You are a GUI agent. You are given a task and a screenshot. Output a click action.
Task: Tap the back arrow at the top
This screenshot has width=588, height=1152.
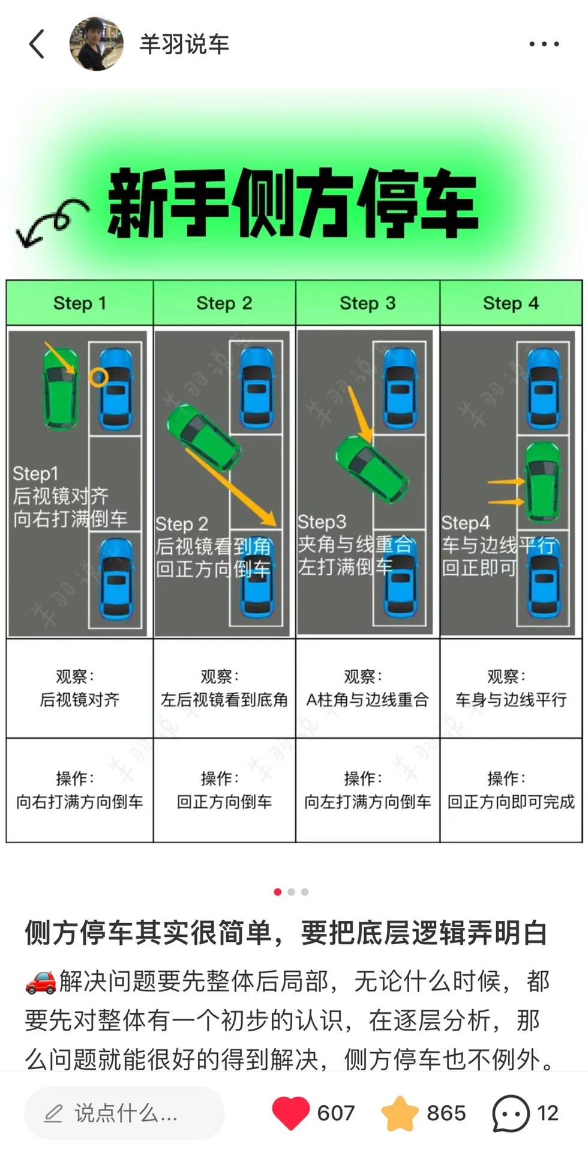pyautogui.click(x=37, y=44)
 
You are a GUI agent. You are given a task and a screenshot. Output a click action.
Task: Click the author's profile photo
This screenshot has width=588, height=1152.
pyautogui.click(x=96, y=44)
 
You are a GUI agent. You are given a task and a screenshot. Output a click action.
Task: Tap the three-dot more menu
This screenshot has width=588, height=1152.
pyautogui.click(x=544, y=44)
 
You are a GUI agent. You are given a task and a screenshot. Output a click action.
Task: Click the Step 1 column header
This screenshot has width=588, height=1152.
pyautogui.click(x=79, y=303)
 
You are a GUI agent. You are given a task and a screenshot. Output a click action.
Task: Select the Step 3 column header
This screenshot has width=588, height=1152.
pyautogui.click(x=367, y=303)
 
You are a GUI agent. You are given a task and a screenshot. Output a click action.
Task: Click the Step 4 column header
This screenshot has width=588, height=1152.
pyautogui.click(x=511, y=303)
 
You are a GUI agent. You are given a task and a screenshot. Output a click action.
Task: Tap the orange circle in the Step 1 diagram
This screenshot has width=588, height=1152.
pyautogui.click(x=98, y=377)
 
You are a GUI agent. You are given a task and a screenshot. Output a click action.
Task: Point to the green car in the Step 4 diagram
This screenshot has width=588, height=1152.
pyautogui.click(x=542, y=482)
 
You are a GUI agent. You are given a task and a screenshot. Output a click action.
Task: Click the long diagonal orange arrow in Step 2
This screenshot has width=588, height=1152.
pyautogui.click(x=230, y=487)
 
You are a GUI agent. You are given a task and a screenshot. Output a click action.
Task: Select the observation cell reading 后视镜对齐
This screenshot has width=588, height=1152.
pyautogui.click(x=79, y=688)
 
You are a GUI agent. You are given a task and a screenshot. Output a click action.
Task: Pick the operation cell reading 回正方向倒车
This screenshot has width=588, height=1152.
pyautogui.click(x=224, y=790)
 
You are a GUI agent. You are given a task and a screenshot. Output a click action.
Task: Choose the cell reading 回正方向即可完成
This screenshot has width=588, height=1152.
pyautogui.click(x=511, y=790)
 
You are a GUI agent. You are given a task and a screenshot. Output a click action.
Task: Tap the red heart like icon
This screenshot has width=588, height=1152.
pyautogui.click(x=290, y=1113)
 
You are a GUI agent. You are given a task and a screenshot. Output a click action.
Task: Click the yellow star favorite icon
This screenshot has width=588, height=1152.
pyautogui.click(x=400, y=1113)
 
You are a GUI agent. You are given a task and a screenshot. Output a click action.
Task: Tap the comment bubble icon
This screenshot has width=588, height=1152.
pyautogui.click(x=511, y=1113)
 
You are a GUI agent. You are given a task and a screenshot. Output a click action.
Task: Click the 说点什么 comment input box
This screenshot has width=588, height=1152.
pyautogui.click(x=124, y=1113)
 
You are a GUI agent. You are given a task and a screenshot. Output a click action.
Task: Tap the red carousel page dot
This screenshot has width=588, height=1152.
pyautogui.click(x=277, y=892)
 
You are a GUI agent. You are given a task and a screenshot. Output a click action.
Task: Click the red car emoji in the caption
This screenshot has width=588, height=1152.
pyautogui.click(x=40, y=982)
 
